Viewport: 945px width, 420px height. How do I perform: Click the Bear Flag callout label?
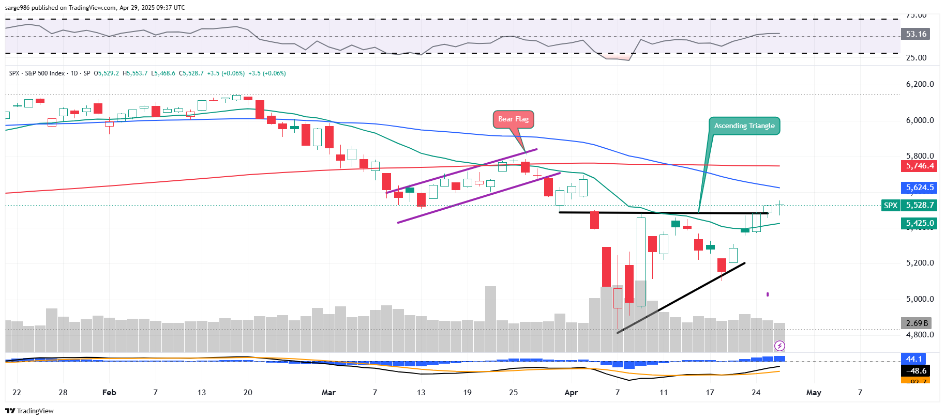point(513,119)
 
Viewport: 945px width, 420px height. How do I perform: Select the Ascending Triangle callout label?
point(744,126)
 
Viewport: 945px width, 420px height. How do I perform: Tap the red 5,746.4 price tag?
point(920,166)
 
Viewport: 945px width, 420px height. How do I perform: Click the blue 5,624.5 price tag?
point(920,188)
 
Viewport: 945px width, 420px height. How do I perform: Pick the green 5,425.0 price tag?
point(920,223)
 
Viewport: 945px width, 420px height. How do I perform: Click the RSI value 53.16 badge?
point(916,34)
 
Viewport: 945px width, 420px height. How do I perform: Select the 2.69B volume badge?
point(917,323)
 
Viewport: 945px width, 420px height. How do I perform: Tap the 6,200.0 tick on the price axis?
point(920,84)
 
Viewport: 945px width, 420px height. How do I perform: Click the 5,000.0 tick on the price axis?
point(920,299)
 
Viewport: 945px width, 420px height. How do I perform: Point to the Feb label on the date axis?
point(109,393)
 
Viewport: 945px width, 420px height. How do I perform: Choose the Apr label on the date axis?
point(571,393)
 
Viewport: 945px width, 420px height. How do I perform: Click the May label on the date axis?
point(814,393)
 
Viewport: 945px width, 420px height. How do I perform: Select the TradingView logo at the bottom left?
point(29,411)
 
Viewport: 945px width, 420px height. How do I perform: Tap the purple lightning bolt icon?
point(779,346)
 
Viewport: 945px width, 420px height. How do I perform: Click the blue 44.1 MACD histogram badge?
point(913,359)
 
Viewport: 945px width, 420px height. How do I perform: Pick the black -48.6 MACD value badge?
point(916,370)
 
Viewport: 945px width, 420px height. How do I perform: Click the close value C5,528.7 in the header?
point(191,73)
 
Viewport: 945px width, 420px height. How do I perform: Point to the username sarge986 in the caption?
point(18,8)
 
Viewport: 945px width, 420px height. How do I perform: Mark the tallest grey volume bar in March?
point(490,319)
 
